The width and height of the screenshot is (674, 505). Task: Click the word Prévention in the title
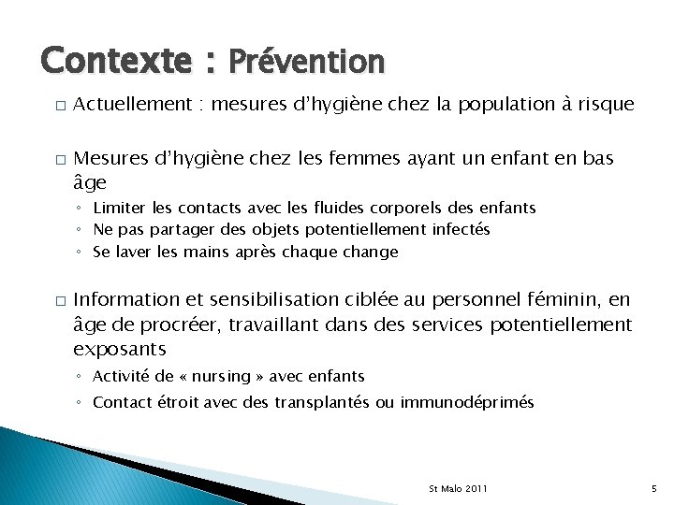point(306,62)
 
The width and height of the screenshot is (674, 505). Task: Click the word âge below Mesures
point(90,182)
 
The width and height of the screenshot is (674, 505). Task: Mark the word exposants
point(120,349)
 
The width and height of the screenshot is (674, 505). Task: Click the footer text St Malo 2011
point(458,489)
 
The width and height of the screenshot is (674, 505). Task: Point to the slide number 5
point(653,489)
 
